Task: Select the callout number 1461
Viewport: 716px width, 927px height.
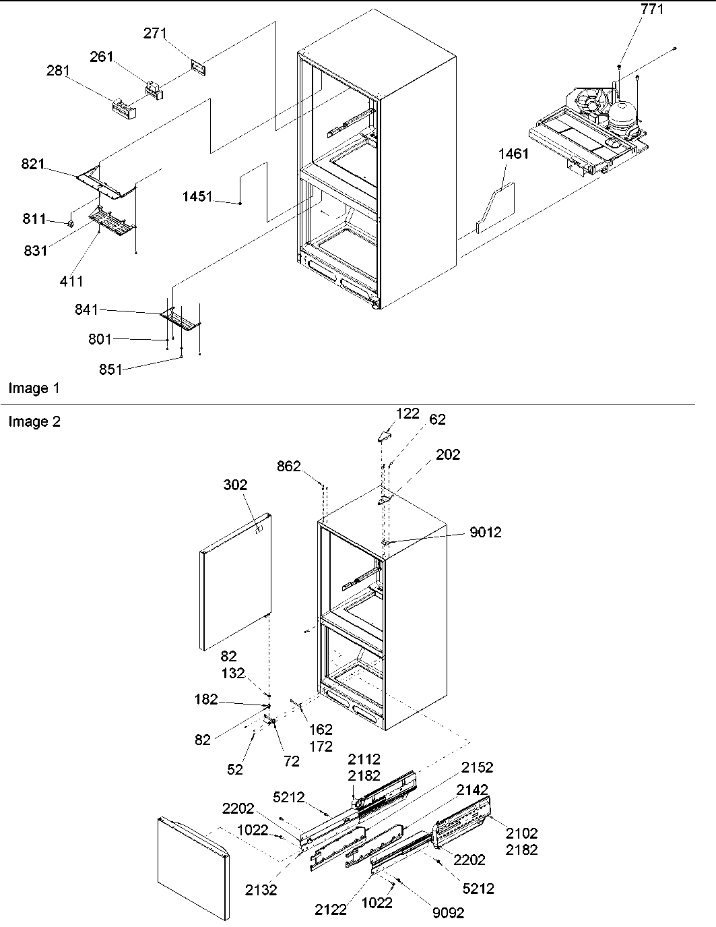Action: pos(513,154)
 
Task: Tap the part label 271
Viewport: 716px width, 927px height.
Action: pos(155,34)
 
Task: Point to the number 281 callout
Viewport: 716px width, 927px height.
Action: pos(58,71)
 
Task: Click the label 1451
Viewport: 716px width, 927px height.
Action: pos(197,197)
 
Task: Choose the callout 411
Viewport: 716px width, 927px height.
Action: pos(71,281)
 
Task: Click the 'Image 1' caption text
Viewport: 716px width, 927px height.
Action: pos(34,388)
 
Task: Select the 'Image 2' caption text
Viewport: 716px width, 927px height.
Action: pos(34,422)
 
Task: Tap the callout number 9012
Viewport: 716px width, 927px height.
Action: pos(486,533)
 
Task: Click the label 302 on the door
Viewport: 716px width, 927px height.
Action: pos(235,485)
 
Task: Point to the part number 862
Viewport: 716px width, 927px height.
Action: pos(288,466)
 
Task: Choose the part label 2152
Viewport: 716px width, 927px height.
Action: pos(477,767)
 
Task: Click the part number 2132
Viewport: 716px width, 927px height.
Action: pos(261,890)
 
